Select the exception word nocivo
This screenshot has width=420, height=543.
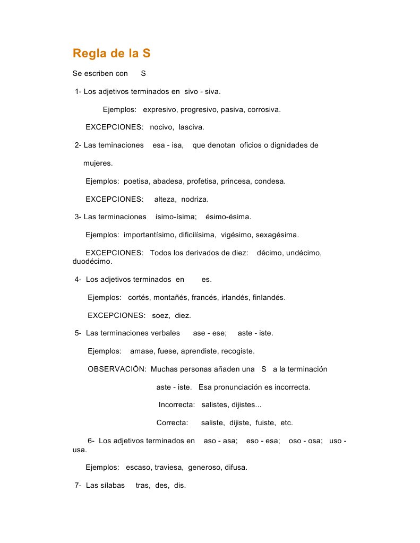pyautogui.click(x=162, y=127)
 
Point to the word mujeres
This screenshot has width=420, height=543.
pyautogui.click(x=98, y=163)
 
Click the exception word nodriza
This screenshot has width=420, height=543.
pyautogui.click(x=195, y=200)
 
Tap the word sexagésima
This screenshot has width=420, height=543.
pyautogui.click(x=277, y=235)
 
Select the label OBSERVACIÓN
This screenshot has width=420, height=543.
pyautogui.click(x=117, y=369)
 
